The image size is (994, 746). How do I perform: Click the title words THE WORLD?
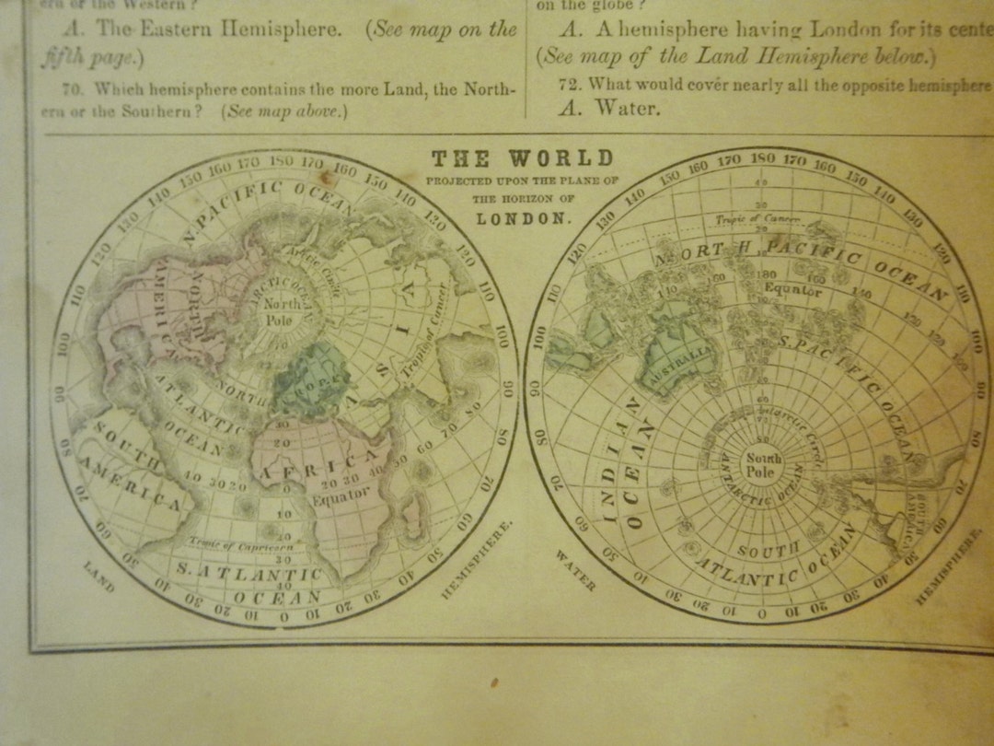tap(521, 158)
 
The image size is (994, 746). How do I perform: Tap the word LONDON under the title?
tap(521, 218)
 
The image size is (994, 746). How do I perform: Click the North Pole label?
tap(279, 311)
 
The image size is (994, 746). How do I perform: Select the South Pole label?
tap(763, 465)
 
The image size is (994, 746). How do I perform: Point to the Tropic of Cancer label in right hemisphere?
tap(757, 219)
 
